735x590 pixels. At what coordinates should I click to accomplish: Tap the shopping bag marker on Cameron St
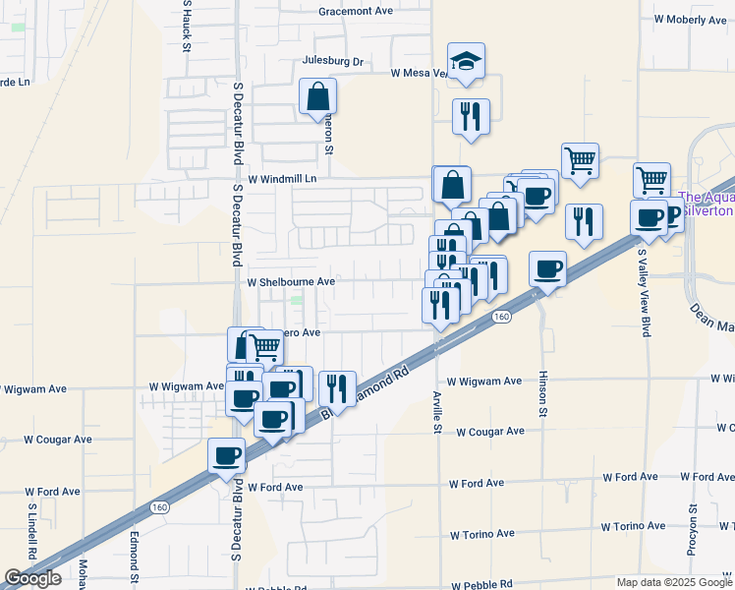pyautogui.click(x=318, y=97)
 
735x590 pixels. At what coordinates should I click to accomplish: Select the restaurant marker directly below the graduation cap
pyautogui.click(x=471, y=115)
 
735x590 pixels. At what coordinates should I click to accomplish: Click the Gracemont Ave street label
pyautogui.click(x=356, y=12)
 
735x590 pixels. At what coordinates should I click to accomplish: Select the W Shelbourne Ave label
pyautogui.click(x=291, y=281)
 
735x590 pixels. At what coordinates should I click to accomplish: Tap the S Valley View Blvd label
pyautogui.click(x=647, y=293)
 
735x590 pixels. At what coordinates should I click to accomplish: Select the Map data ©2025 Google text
pyautogui.click(x=674, y=582)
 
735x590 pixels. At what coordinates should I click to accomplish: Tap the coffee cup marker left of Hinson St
pyautogui.click(x=547, y=268)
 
